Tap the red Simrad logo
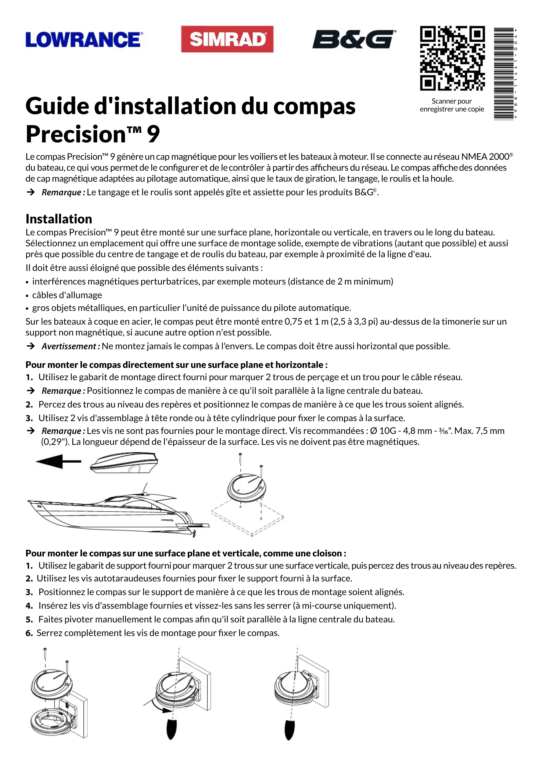[227, 39]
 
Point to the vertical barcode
[504, 74]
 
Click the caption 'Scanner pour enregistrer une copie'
[452, 105]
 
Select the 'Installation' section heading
[59, 219]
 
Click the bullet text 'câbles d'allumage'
[67, 295]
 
